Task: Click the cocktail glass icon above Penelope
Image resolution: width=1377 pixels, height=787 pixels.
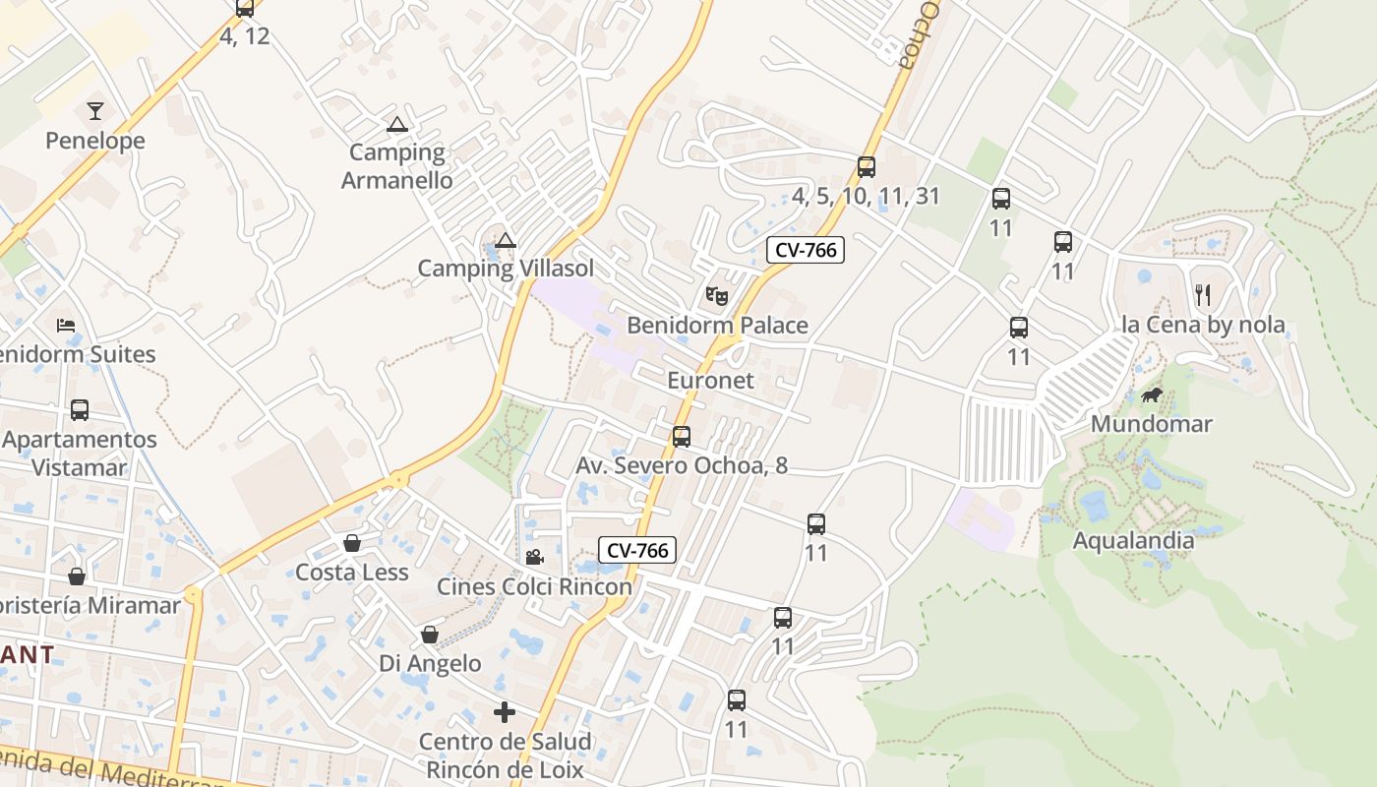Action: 95,110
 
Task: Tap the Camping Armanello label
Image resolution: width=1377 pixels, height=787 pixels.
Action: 397,166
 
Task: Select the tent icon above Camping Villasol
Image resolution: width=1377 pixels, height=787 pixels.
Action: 506,240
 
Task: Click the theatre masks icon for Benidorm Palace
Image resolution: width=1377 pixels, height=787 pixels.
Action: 717,294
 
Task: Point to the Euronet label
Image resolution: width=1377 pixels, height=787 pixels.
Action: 710,381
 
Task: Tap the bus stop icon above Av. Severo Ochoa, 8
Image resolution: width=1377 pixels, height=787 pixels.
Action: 681,437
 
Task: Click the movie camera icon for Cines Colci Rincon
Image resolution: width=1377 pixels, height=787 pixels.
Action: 534,558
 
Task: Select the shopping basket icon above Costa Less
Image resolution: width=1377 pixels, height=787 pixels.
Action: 351,543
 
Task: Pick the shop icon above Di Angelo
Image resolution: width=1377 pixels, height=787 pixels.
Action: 430,635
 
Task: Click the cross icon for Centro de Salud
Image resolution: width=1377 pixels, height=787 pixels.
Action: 505,712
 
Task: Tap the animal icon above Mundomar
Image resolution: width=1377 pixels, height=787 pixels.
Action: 1152,395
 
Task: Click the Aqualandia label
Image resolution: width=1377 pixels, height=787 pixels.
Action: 1133,540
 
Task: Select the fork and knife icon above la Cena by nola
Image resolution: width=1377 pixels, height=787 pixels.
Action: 1202,294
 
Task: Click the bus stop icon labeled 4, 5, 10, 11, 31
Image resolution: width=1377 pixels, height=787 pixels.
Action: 866,167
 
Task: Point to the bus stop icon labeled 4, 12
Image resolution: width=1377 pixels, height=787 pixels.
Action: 244,9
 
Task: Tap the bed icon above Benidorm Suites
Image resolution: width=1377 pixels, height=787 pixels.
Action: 66,325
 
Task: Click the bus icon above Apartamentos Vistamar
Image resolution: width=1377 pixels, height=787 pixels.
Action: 80,409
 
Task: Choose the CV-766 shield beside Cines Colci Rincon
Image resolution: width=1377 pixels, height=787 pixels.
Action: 637,551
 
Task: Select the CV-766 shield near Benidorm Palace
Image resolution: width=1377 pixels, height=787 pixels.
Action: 806,250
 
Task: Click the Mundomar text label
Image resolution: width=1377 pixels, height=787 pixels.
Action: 1152,424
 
